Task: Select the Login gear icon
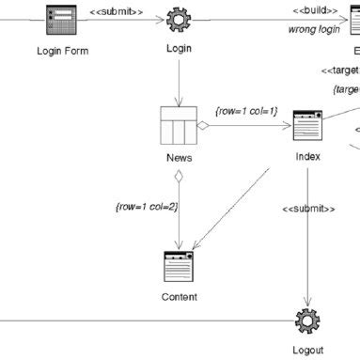click(x=178, y=19)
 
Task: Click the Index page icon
click(x=306, y=125)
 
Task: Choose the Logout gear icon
click(x=306, y=321)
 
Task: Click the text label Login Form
click(x=61, y=51)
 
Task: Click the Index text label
click(x=306, y=156)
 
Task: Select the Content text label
click(x=179, y=297)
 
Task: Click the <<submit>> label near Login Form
click(x=117, y=11)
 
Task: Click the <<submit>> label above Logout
click(x=308, y=208)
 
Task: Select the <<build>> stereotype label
click(x=315, y=11)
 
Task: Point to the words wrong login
click(x=314, y=29)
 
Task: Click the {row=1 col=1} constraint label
click(x=245, y=110)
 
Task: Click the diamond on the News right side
click(x=201, y=125)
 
